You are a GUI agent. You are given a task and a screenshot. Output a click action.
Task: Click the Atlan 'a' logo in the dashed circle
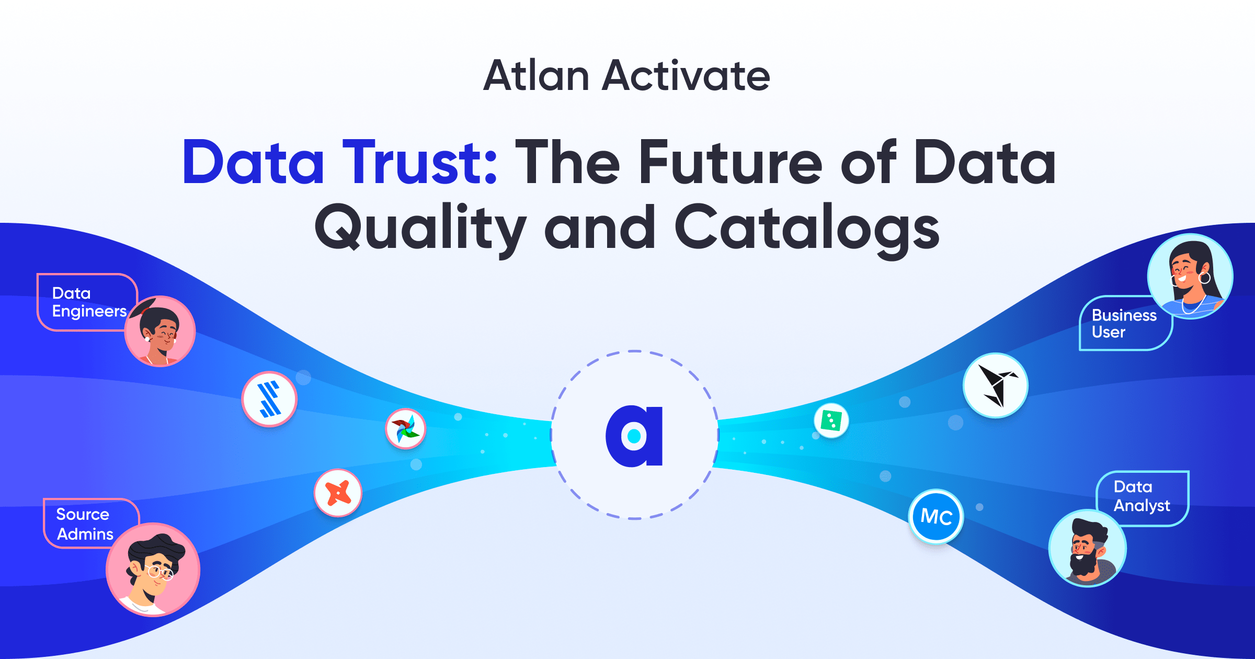(634, 436)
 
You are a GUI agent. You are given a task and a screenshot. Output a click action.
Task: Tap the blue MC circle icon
(936, 517)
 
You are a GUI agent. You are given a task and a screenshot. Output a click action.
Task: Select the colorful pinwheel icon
(406, 429)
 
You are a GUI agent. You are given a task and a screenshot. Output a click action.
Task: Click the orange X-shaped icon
(338, 493)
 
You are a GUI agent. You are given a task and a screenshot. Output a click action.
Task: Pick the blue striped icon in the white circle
(269, 399)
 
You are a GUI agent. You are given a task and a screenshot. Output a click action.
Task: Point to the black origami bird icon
(996, 385)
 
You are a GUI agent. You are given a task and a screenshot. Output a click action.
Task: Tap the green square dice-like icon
(831, 421)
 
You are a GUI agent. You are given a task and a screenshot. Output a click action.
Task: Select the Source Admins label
(85, 524)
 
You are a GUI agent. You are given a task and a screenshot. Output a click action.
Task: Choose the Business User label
(1124, 323)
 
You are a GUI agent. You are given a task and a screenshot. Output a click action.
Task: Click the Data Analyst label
(1142, 496)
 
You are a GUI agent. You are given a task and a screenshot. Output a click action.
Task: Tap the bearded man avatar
(1088, 548)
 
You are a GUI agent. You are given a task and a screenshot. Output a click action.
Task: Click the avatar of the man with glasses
(153, 570)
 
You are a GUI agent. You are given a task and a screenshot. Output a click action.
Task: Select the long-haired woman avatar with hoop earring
(1190, 276)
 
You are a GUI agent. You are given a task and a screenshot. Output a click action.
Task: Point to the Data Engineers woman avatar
(160, 331)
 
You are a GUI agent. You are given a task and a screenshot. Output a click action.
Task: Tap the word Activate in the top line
(686, 75)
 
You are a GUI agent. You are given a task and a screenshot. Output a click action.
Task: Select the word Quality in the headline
(420, 230)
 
